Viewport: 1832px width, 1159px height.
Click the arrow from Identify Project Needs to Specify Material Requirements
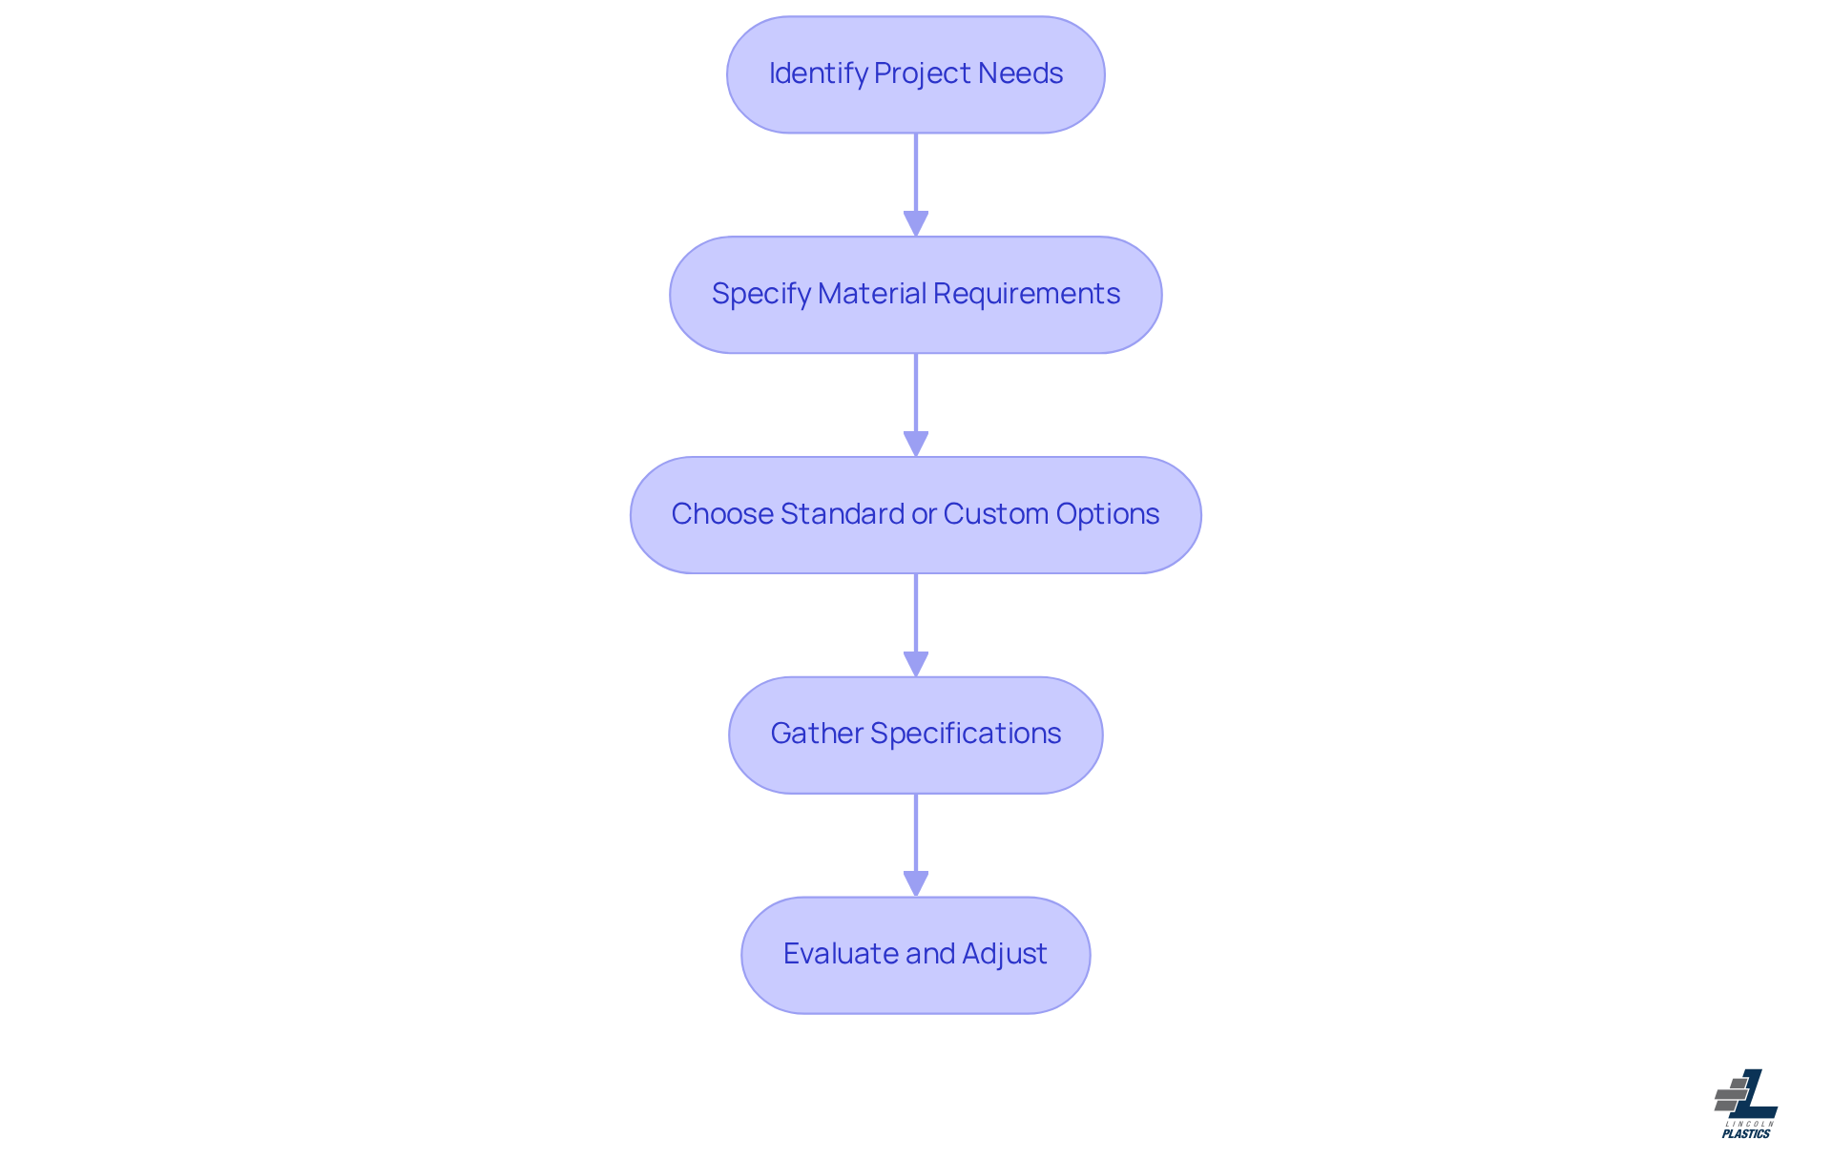coord(916,181)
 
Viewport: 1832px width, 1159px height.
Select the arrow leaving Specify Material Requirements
coord(916,401)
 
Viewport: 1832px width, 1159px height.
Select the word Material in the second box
coord(872,294)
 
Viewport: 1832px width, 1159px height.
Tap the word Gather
coord(816,734)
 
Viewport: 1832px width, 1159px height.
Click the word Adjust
coord(1004,954)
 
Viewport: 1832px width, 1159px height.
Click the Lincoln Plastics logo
coord(1746,1104)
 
